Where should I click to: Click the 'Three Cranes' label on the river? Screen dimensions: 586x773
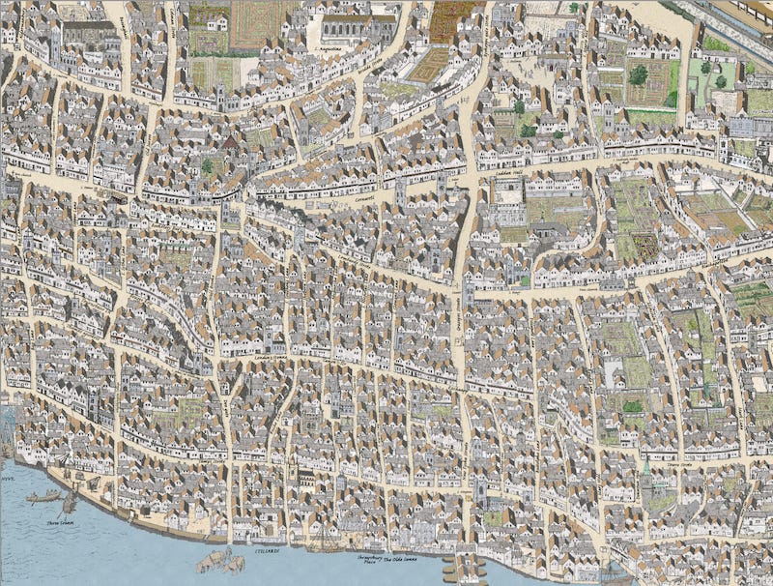(60, 521)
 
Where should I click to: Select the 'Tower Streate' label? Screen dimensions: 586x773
(684, 465)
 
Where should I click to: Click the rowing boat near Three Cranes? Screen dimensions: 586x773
(43, 498)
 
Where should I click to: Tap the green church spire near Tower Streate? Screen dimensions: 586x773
(646, 468)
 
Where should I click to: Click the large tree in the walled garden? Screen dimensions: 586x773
(639, 74)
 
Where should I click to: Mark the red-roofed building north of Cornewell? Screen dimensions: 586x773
(231, 145)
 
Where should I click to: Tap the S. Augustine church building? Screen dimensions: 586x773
(358, 26)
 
